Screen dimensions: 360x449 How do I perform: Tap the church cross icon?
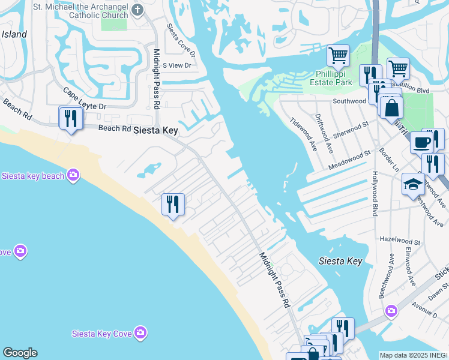click(x=137, y=10)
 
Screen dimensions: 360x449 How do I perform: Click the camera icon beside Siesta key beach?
click(x=73, y=175)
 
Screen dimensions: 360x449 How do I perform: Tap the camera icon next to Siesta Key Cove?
click(x=140, y=332)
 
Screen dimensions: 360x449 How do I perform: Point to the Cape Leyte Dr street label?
click(x=85, y=100)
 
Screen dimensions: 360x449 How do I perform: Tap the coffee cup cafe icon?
click(x=421, y=142)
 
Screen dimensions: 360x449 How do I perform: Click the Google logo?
click(x=20, y=353)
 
